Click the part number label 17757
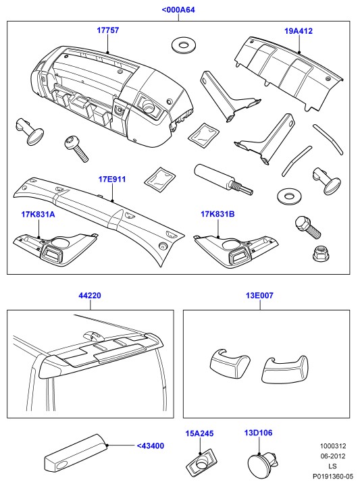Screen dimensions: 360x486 (108, 30)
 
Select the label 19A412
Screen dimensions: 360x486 (299, 31)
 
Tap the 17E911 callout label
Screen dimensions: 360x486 (112, 180)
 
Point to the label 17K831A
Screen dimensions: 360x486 (38, 214)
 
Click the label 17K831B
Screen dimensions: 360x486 (217, 214)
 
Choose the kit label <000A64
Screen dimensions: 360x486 (178, 10)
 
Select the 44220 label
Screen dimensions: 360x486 (90, 296)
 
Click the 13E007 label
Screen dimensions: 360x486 (260, 296)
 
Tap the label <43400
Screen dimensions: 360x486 (151, 446)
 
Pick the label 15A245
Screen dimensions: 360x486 (200, 433)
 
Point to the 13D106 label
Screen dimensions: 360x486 (258, 433)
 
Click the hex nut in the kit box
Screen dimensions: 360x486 (320, 253)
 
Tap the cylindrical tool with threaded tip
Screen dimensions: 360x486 (224, 180)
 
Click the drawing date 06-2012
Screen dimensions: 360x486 (333, 456)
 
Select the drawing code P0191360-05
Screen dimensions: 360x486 (333, 476)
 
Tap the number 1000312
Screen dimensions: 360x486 (333, 446)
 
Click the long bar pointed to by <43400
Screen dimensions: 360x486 (76, 452)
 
